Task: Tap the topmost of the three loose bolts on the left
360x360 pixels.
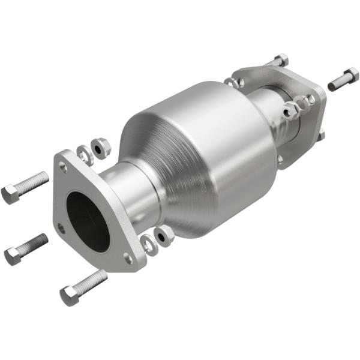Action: [25, 187]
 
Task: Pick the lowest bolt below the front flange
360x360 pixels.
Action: [83, 287]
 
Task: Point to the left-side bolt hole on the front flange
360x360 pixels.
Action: [61, 227]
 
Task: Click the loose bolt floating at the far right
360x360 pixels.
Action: [343, 79]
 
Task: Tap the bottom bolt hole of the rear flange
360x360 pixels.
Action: [280, 158]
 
